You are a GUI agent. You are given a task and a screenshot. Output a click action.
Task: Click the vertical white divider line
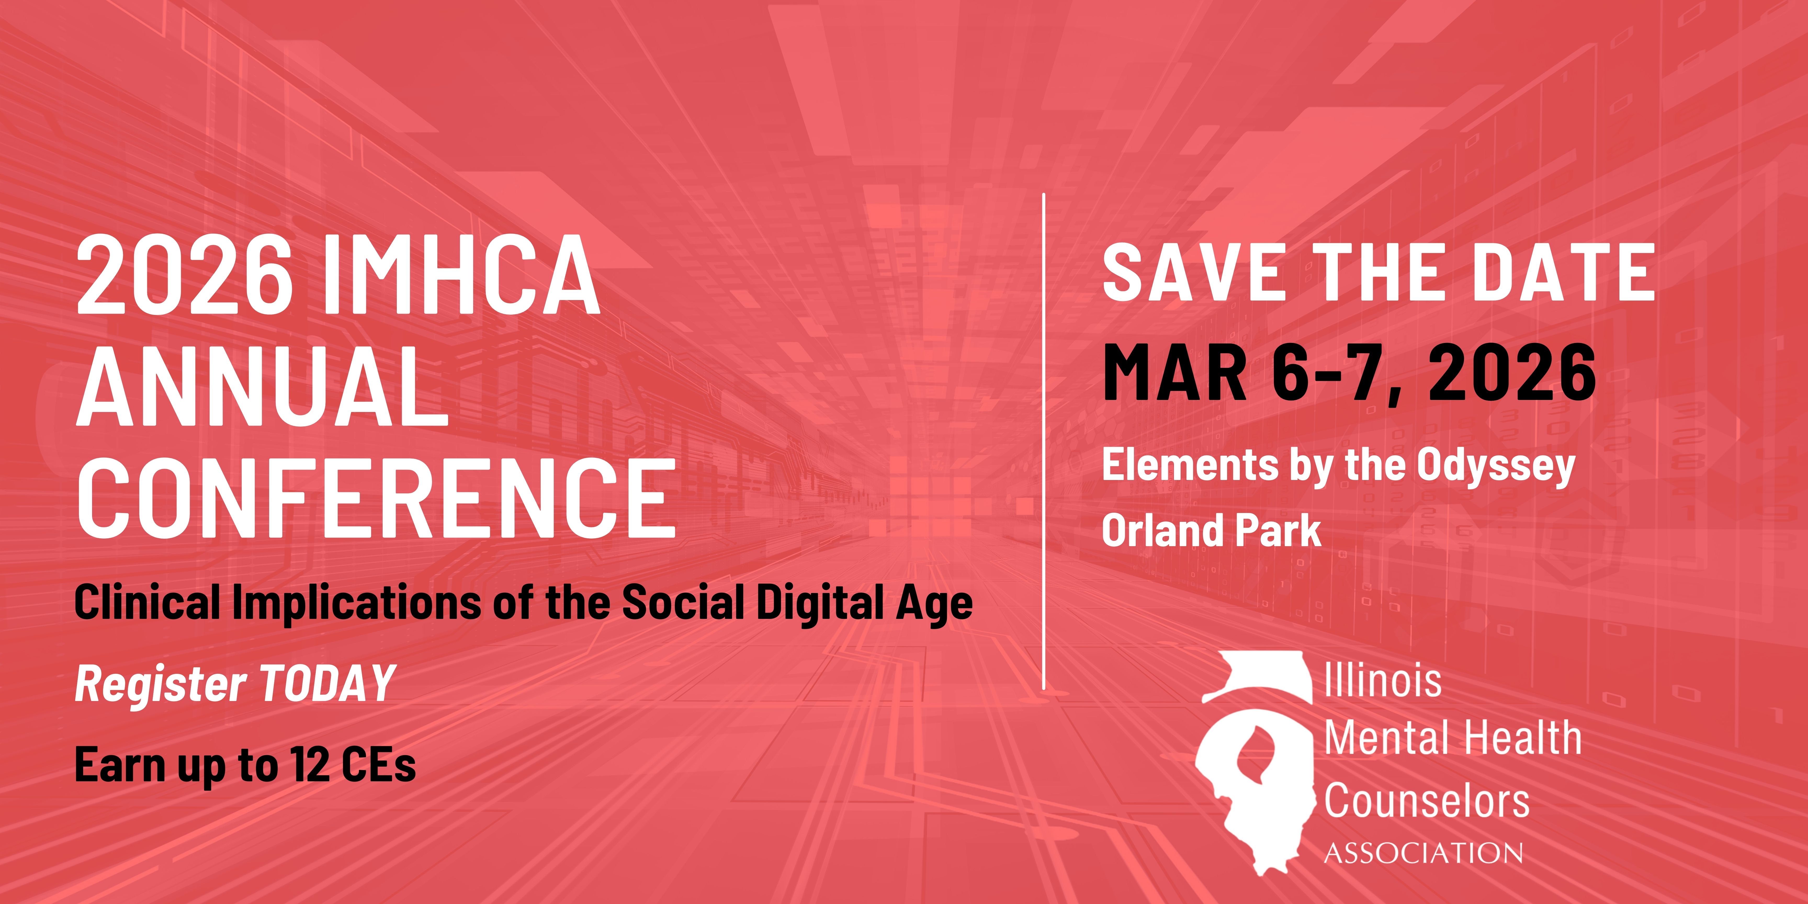(1044, 441)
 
